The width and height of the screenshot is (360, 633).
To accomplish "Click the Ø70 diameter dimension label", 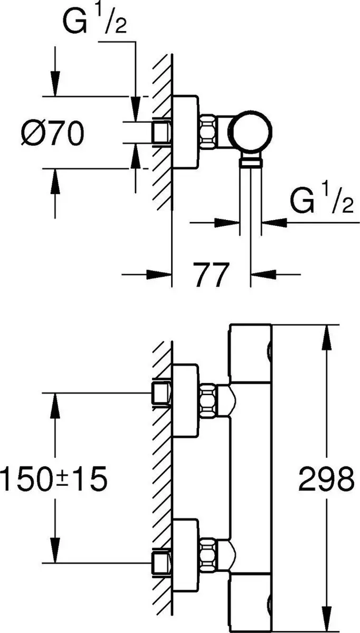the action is coord(53,133).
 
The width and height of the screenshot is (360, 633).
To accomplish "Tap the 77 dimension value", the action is coord(211,274).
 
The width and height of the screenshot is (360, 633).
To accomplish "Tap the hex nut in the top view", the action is coord(208,132).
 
